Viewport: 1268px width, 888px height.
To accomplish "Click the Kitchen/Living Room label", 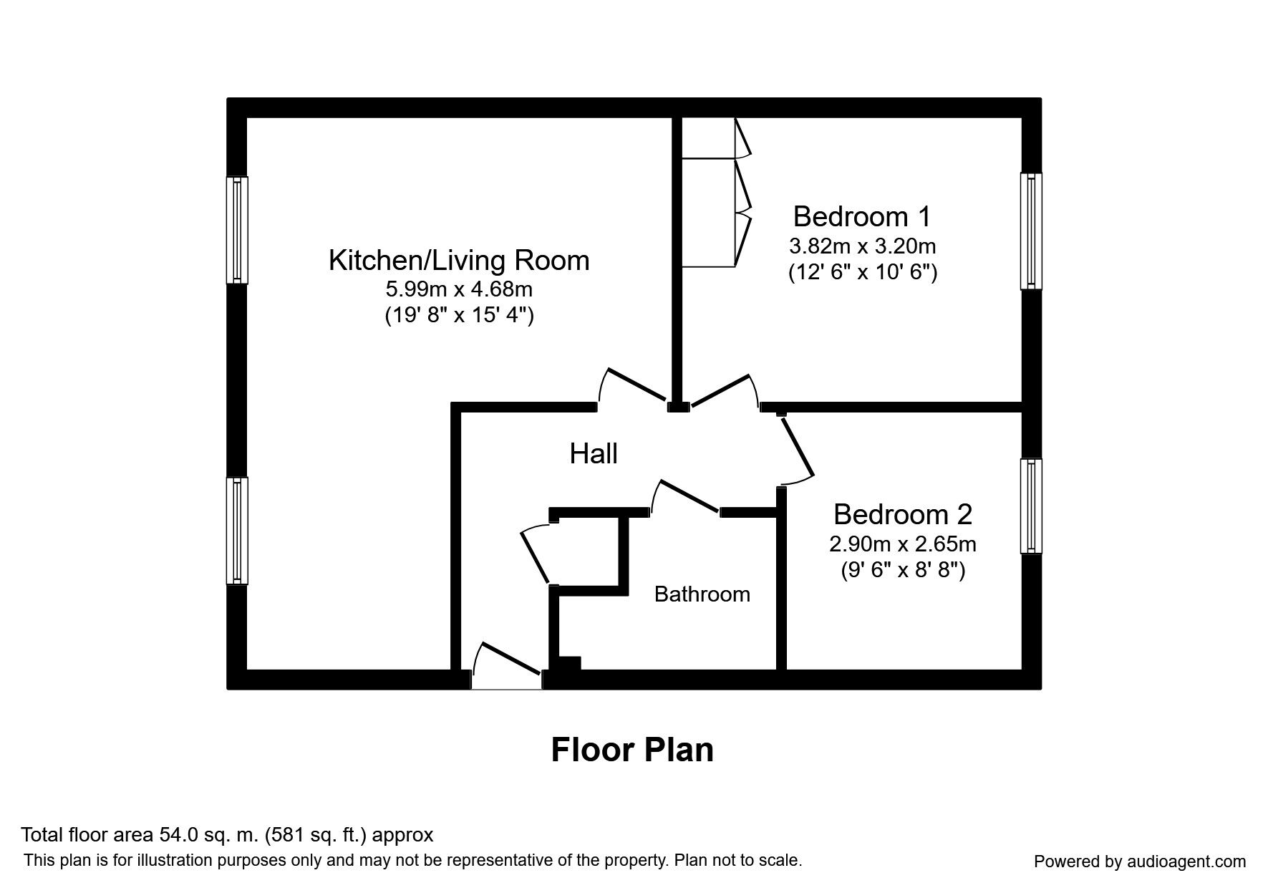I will pyautogui.click(x=459, y=260).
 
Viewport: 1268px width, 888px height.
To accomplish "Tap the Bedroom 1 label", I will pyautogui.click(x=862, y=216).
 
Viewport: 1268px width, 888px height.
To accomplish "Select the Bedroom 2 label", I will pyautogui.click(x=902, y=514).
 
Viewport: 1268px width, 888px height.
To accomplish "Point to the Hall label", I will pyautogui.click(x=594, y=454).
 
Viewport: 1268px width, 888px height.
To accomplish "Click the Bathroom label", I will pyautogui.click(x=702, y=594).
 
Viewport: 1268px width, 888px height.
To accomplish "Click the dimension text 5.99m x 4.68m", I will pyautogui.click(x=459, y=290).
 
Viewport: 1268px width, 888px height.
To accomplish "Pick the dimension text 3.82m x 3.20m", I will pyautogui.click(x=862, y=246).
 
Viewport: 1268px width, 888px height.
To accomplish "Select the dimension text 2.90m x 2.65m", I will pyautogui.click(x=902, y=544).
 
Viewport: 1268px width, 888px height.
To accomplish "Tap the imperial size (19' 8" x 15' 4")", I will pyautogui.click(x=459, y=316).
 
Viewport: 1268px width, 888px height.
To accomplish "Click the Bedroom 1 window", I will pyautogui.click(x=1031, y=231).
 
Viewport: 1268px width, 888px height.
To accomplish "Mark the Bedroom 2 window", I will pyautogui.click(x=1031, y=506).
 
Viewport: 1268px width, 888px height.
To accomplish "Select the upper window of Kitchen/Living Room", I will pyautogui.click(x=237, y=230).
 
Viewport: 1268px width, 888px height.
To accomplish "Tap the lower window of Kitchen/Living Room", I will pyautogui.click(x=237, y=531).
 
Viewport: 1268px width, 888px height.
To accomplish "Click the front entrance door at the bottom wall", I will pyautogui.click(x=507, y=670).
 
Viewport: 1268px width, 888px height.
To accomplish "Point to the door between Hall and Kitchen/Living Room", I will pyautogui.click(x=634, y=387).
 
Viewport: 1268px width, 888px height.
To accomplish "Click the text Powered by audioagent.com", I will pyautogui.click(x=1140, y=862).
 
